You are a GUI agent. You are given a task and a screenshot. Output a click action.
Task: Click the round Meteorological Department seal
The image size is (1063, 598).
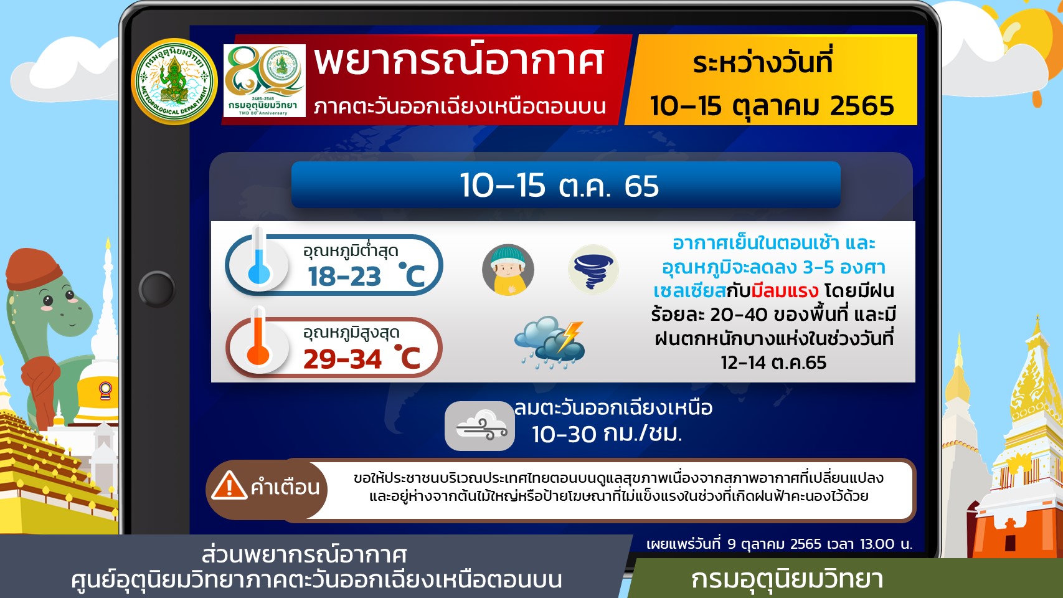pyautogui.click(x=174, y=82)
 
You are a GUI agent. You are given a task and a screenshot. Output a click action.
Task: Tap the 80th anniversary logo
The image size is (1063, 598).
pyautogui.click(x=264, y=80)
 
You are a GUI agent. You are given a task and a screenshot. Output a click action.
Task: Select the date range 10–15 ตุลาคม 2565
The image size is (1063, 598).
pyautogui.click(x=772, y=106)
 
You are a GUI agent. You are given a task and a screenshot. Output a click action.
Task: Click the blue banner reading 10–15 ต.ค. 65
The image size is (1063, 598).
pyautogui.click(x=565, y=185)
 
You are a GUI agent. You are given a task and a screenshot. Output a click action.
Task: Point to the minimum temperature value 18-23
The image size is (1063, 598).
pyautogui.click(x=344, y=277)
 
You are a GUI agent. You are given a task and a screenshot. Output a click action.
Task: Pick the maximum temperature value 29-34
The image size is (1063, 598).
pyautogui.click(x=343, y=359)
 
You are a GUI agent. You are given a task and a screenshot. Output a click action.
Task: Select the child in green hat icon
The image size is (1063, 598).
pyautogui.click(x=508, y=270)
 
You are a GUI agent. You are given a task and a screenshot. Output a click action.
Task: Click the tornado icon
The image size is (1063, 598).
pyautogui.click(x=593, y=270)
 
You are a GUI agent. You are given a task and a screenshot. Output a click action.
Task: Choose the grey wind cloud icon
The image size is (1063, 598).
pyautogui.click(x=480, y=426)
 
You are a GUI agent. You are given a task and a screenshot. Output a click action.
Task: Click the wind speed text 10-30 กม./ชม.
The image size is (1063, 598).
pyautogui.click(x=607, y=434)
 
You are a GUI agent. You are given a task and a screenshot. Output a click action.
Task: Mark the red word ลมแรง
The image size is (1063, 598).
pyautogui.click(x=785, y=291)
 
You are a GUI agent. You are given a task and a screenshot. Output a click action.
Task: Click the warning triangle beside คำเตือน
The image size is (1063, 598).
pyautogui.click(x=229, y=486)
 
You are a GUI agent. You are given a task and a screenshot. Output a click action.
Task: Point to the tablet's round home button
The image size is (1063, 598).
pyautogui.click(x=158, y=289)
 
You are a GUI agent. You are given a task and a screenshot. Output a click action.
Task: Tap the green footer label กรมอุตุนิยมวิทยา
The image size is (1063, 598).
pyautogui.click(x=787, y=579)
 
